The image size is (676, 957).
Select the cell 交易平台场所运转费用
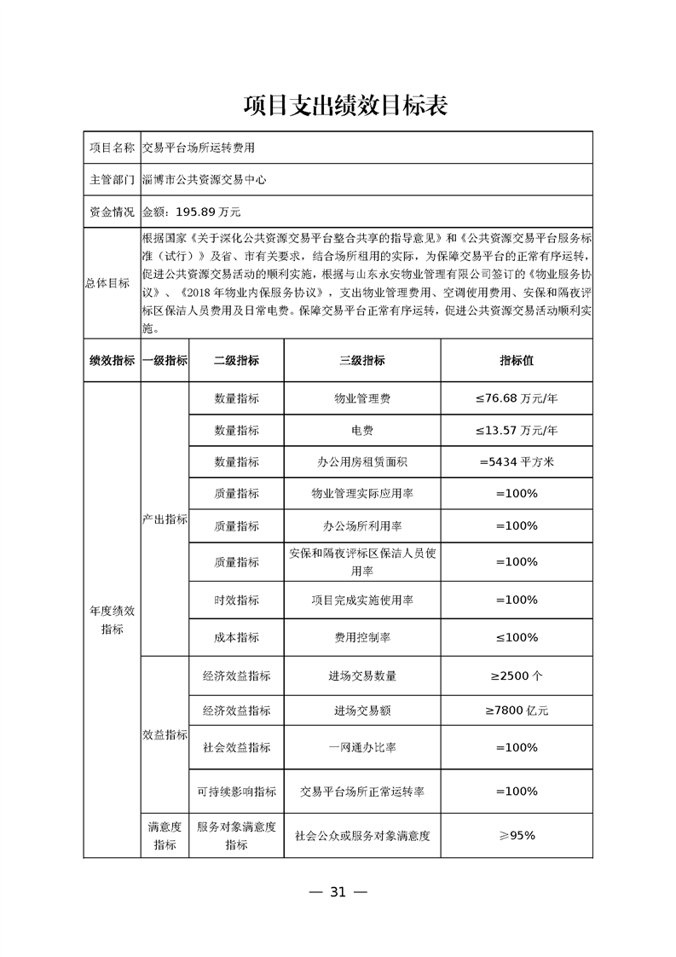198,148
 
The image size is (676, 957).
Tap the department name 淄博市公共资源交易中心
205,180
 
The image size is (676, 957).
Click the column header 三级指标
362,361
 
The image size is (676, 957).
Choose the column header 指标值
517,361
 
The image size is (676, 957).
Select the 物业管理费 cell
362,398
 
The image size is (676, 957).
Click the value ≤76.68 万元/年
517,398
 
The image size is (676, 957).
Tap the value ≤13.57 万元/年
517,430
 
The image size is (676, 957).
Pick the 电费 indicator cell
362,430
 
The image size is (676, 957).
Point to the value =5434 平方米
517,461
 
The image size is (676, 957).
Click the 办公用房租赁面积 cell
362,461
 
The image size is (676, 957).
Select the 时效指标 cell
236,600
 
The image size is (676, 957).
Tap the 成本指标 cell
236,637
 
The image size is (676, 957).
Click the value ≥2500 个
517,676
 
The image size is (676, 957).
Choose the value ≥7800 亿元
517,710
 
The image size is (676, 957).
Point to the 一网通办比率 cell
362,747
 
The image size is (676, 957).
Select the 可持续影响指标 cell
236,792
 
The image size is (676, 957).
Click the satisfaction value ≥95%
517,835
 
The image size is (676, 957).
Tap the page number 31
338,892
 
